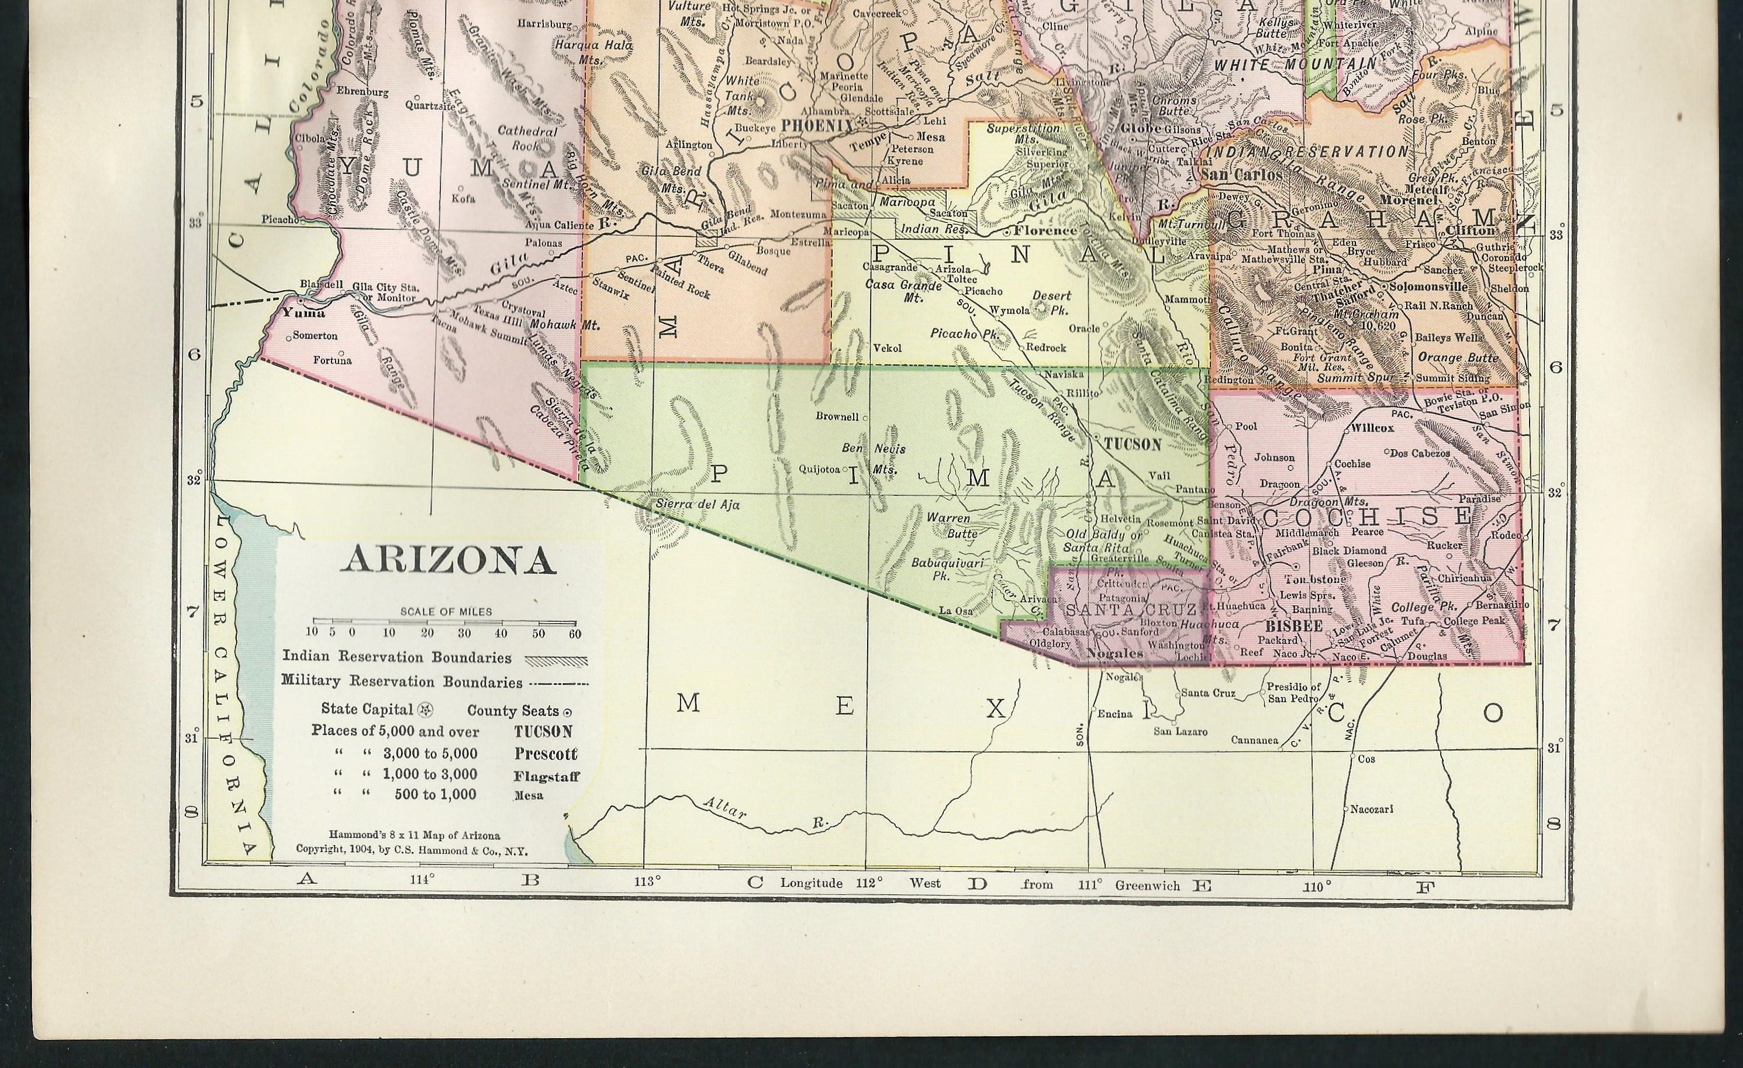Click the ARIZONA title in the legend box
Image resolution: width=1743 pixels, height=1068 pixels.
448,560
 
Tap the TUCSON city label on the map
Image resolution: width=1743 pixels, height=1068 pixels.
1132,445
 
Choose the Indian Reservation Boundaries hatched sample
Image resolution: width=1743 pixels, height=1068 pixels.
556,660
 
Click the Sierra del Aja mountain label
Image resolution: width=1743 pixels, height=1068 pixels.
688,505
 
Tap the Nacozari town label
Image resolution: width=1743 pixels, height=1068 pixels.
1372,808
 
